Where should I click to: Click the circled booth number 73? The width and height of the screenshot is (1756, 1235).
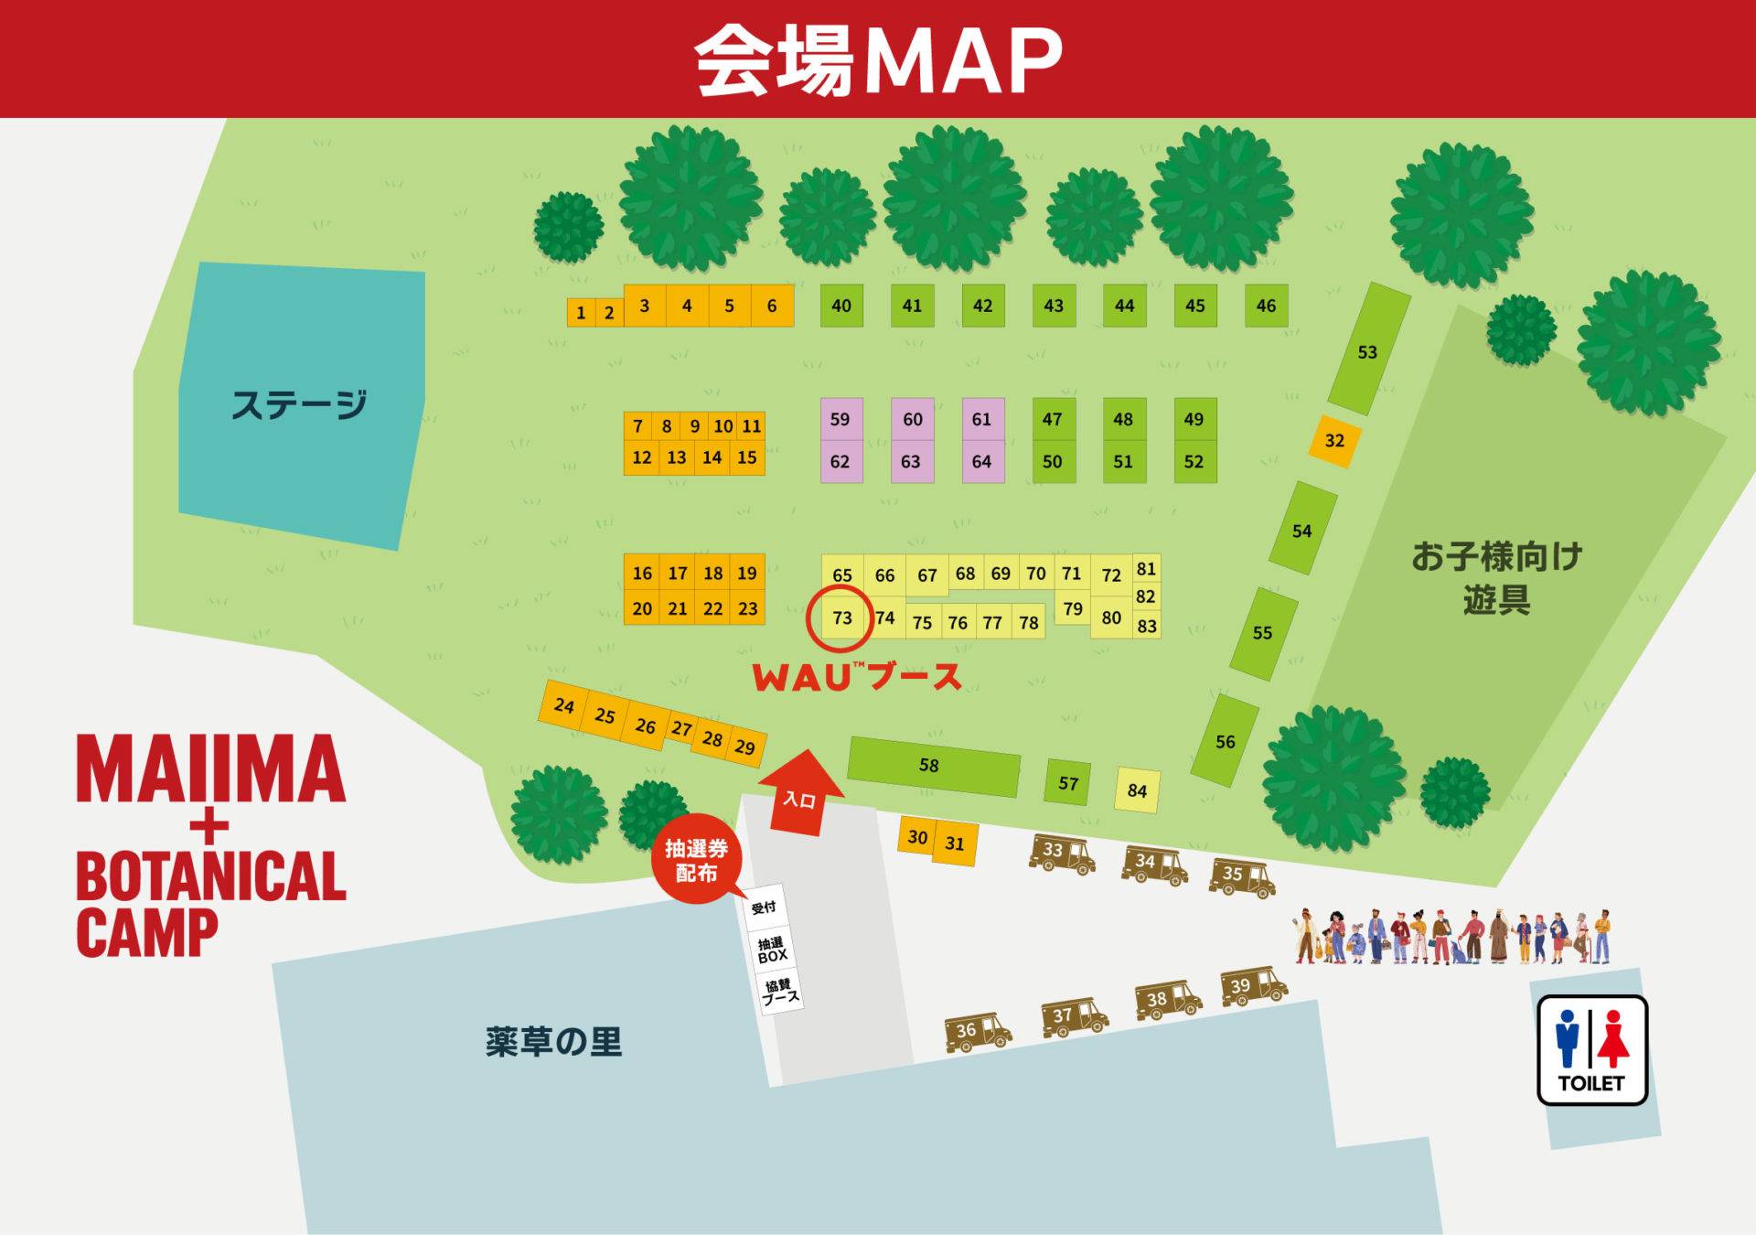[842, 618]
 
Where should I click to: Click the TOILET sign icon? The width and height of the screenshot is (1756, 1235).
[1591, 1049]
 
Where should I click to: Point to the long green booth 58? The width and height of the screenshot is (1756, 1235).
[932, 766]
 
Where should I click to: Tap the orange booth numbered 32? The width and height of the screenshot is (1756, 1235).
[1334, 441]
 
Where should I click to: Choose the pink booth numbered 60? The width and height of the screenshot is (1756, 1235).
[912, 420]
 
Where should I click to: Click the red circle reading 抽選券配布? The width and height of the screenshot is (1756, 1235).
[696, 860]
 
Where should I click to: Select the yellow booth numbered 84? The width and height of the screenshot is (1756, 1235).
[1137, 790]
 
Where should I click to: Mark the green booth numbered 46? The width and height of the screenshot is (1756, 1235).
[1266, 306]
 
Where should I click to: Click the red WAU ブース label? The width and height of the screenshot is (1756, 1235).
[856, 677]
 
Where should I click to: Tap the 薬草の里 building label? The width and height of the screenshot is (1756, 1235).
[553, 1042]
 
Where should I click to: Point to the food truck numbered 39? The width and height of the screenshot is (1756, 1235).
[1252, 987]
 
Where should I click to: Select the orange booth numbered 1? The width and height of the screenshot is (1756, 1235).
[581, 313]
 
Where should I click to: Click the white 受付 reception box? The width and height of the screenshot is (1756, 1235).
[764, 907]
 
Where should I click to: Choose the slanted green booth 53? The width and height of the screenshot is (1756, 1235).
[1367, 350]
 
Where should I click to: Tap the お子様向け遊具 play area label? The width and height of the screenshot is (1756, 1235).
[1495, 578]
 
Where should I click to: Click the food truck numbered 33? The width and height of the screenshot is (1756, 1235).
[1061, 853]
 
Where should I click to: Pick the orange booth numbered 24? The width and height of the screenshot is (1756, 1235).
[564, 706]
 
